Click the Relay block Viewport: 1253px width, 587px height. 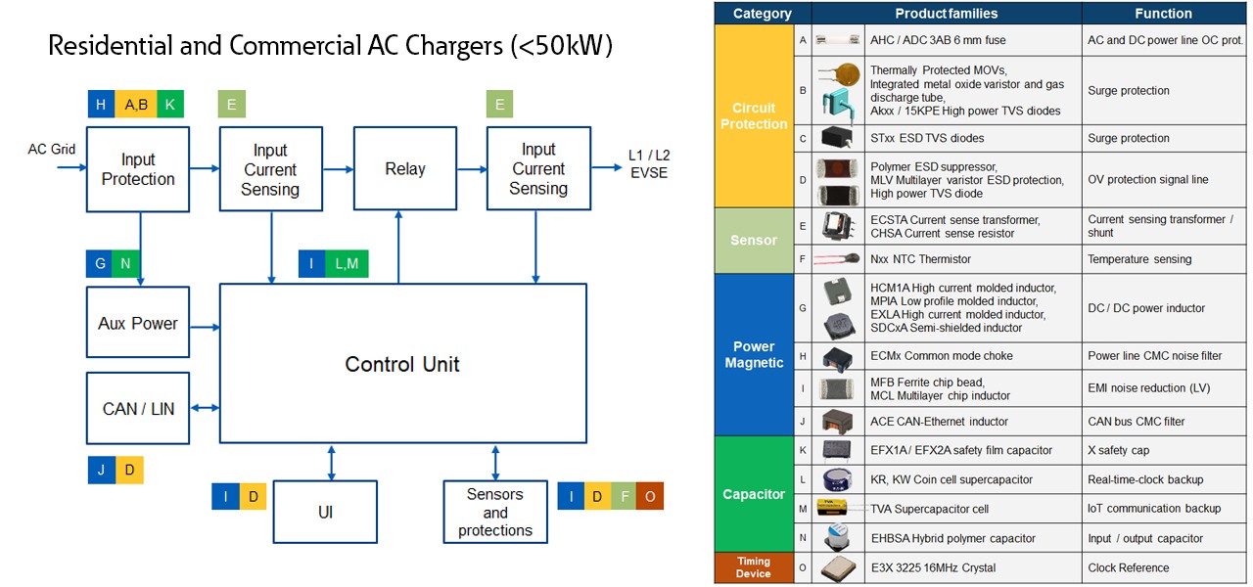404,168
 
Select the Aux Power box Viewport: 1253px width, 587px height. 137,324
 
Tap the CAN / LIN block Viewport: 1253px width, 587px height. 137,408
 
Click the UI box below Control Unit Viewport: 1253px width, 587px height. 325,512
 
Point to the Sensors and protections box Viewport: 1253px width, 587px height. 494,512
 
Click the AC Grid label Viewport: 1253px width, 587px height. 52,150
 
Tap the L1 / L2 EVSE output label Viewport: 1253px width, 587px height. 649,164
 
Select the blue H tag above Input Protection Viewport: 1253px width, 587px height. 101,104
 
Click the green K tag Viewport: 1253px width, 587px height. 169,104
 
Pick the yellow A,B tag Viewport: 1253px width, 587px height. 136,104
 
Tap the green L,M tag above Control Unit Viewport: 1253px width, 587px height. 347,264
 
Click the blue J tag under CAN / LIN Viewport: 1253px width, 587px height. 101,470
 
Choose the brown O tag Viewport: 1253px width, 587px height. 649,496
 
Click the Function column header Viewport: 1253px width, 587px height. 1163,14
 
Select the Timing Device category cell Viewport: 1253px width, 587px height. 754,567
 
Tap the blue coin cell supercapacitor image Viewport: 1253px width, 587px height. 839,479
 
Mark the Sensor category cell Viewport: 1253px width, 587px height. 754,240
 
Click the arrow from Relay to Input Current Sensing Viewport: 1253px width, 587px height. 472,169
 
